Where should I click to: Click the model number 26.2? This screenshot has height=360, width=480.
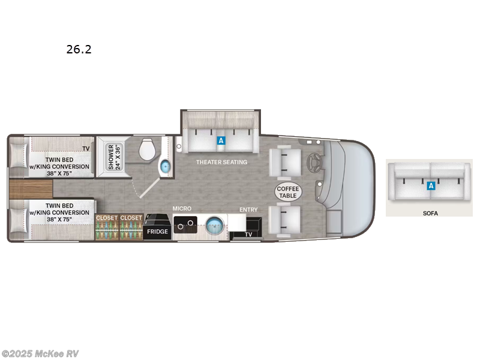pos(79,49)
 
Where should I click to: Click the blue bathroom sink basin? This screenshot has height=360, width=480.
pos(166,165)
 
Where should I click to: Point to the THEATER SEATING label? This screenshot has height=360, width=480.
pos(221,162)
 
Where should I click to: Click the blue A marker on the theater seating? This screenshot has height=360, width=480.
pos(221,140)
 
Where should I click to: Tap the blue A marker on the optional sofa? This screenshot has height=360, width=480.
pos(430,186)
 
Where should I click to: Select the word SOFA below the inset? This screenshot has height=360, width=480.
pos(430,213)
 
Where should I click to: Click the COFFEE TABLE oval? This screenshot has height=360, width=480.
pos(288,192)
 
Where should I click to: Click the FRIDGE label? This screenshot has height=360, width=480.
pos(157,231)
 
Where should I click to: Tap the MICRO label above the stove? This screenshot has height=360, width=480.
pos(182,208)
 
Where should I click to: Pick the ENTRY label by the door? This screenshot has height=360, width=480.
pos(248,209)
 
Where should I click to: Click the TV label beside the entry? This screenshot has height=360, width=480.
pos(248,235)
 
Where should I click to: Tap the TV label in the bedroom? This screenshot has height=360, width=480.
pos(86,148)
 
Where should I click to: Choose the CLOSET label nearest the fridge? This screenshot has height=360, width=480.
pos(131,218)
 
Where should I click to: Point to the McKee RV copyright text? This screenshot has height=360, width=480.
pos(40,353)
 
